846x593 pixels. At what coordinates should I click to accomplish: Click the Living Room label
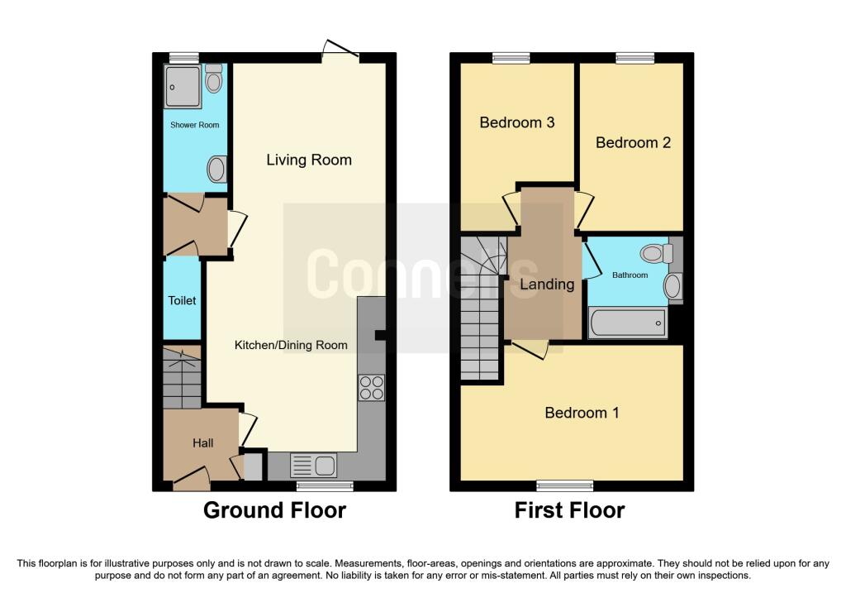tap(309, 160)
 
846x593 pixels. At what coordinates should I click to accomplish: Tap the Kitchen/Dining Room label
tap(291, 345)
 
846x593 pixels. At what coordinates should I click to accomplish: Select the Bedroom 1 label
tap(582, 413)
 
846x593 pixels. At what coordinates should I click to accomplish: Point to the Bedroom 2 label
tap(633, 142)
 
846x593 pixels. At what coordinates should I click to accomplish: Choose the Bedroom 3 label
tap(517, 122)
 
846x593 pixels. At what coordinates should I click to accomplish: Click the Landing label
tap(547, 285)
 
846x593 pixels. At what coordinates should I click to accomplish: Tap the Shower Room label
tap(195, 125)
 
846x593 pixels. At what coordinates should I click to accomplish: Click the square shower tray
tap(183, 87)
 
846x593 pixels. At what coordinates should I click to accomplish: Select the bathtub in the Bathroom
tap(628, 323)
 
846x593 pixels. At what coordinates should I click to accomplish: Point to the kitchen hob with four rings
tap(371, 388)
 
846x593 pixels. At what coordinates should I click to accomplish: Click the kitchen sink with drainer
tap(313, 466)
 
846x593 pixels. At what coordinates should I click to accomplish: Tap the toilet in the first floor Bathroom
tap(656, 253)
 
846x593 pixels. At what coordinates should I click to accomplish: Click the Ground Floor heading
tap(274, 510)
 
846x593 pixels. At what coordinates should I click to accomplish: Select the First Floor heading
tap(569, 510)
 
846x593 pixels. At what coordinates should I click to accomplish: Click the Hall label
tap(203, 443)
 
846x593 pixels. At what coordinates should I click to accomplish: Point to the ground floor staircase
tap(183, 379)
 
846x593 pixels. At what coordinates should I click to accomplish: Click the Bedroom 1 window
tap(564, 485)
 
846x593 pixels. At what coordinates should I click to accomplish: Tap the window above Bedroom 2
tap(634, 58)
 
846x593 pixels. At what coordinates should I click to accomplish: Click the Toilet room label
tap(183, 300)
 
